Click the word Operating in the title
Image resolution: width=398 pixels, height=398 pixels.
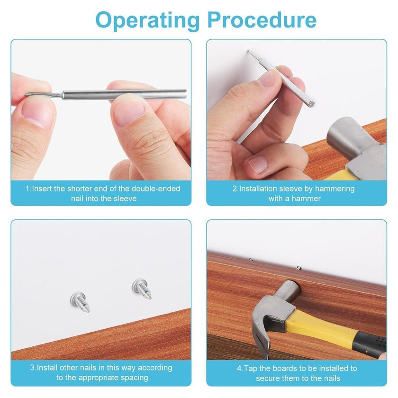click(147, 21)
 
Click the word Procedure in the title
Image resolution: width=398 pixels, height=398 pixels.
click(262, 20)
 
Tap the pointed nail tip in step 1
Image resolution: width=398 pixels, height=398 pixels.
click(26, 95)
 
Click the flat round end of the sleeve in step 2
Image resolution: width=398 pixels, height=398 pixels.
click(311, 104)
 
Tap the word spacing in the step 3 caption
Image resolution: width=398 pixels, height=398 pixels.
click(134, 378)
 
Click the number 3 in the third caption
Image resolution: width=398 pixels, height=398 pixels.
click(32, 368)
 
